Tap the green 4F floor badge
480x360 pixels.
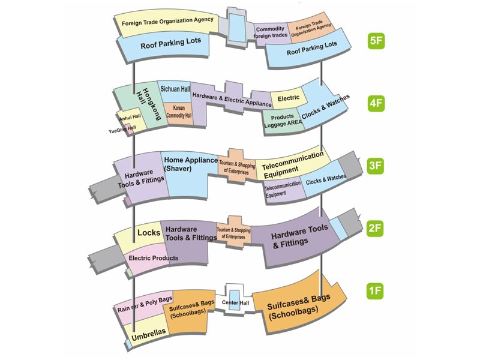(376, 103)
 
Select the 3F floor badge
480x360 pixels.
(376, 166)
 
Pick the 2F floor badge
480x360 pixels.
(376, 228)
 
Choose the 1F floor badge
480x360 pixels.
(376, 292)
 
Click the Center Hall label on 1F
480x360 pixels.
(235, 302)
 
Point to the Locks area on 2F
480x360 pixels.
(149, 232)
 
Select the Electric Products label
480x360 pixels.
(153, 259)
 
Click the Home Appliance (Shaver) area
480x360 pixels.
(190, 164)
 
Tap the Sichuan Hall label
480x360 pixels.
(175, 89)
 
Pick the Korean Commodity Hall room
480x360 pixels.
(178, 112)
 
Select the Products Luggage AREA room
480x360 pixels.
(282, 119)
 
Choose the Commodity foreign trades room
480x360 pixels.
(271, 32)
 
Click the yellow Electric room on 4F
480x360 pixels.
(289, 98)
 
